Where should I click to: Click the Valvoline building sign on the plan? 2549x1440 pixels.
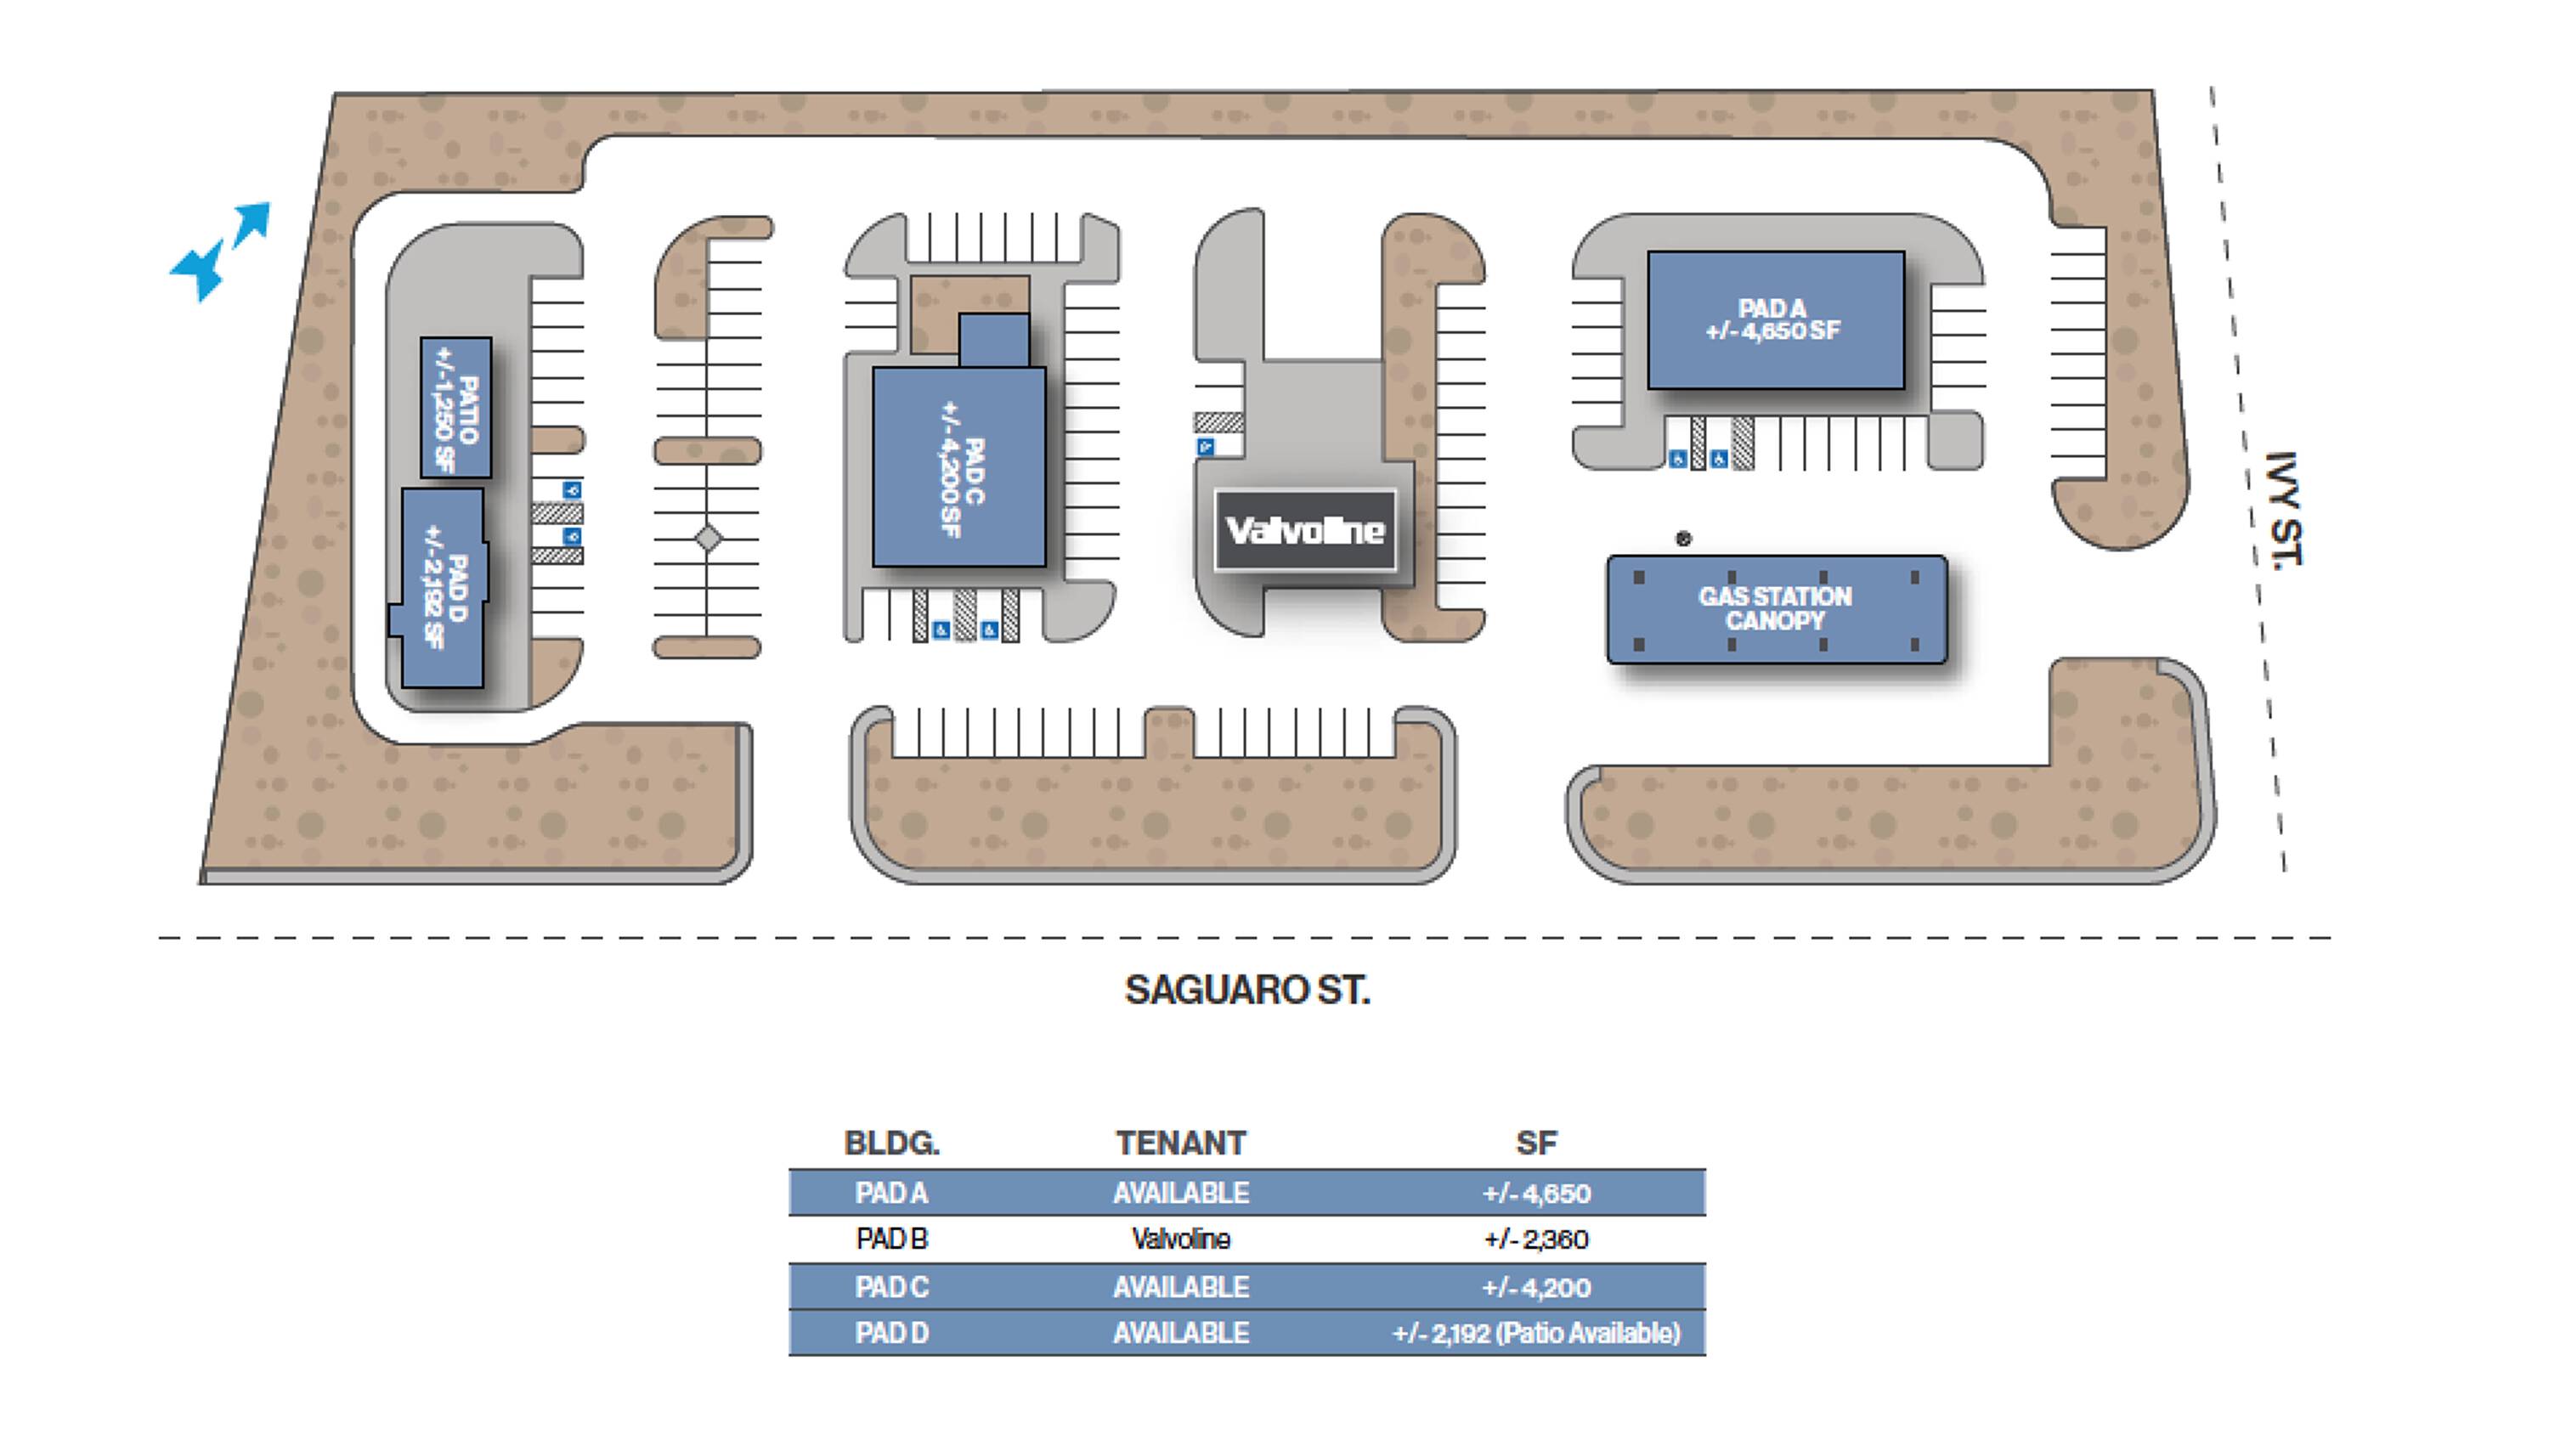1305,530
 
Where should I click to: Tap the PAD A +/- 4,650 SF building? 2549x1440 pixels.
1775,319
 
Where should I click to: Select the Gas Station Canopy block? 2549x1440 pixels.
1776,608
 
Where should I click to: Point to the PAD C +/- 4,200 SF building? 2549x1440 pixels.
958,468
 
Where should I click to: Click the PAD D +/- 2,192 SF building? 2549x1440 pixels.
444,594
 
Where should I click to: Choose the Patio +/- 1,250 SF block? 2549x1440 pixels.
456,408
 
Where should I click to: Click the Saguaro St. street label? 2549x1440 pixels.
1246,990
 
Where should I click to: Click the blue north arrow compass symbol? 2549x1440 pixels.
220,251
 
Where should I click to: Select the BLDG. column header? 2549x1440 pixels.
891,1144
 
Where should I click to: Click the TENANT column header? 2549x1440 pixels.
1180,1144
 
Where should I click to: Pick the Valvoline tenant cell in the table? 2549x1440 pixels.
1180,1240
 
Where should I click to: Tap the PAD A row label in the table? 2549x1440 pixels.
891,1193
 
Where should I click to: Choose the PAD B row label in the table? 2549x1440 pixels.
891,1240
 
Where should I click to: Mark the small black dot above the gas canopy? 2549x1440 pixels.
1683,539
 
